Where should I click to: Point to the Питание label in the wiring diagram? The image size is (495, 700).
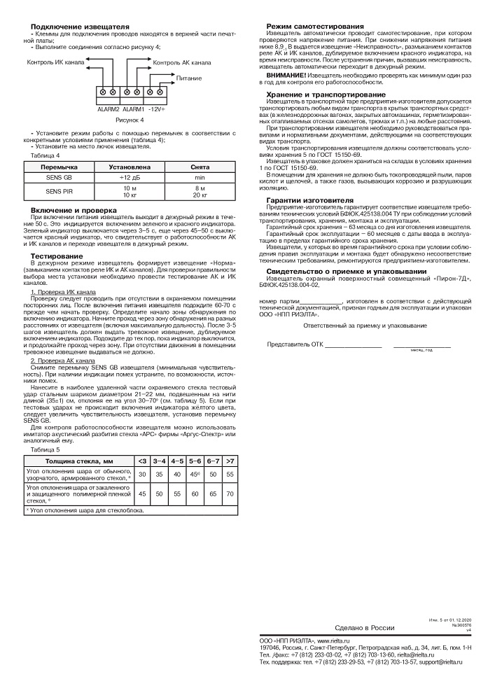pyautogui.click(x=189, y=78)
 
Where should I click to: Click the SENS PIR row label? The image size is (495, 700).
pyautogui.click(x=60, y=190)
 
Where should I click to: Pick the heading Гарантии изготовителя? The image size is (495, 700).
pyautogui.click(x=310, y=199)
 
